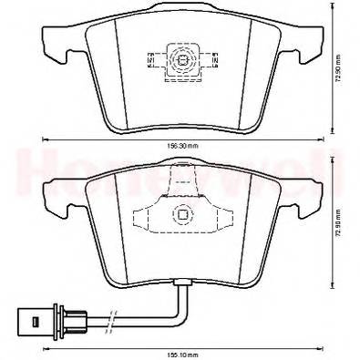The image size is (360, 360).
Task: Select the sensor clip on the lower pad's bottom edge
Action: pos(183,283)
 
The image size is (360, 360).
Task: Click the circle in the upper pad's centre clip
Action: pos(182,63)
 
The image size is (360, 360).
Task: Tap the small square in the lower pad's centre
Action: pos(182,216)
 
